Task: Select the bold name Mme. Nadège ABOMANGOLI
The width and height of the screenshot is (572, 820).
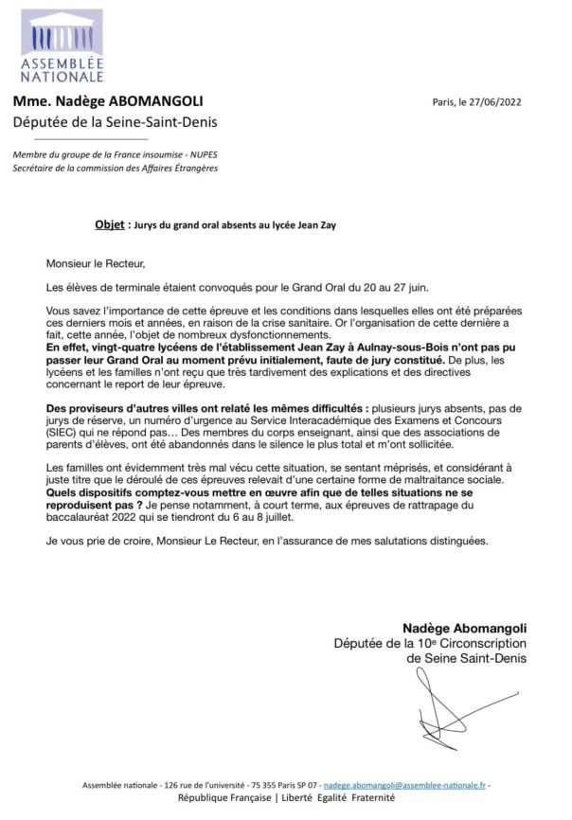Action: pyautogui.click(x=108, y=101)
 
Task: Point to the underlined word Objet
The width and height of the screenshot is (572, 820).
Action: pyautogui.click(x=110, y=225)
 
